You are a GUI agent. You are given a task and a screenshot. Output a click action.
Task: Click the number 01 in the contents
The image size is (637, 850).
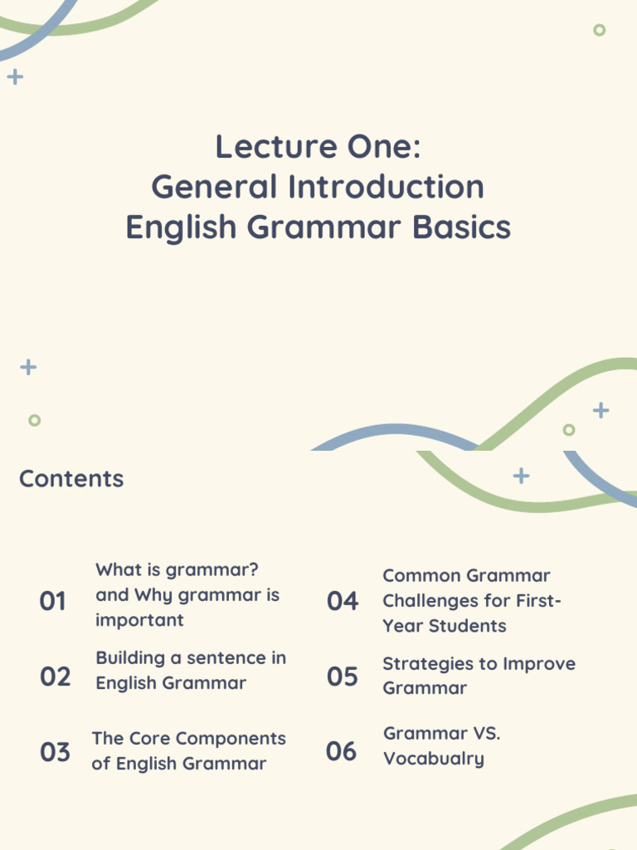52,601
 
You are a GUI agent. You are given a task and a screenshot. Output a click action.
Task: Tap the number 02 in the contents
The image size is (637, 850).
55,677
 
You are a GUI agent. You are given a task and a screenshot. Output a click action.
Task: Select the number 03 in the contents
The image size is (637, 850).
55,752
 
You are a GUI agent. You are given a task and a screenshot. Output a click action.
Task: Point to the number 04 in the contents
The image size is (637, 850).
342,601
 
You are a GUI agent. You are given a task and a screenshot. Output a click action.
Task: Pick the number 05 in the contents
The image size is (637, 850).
342,677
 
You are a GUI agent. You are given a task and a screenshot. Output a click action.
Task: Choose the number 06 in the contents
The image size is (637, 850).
341,751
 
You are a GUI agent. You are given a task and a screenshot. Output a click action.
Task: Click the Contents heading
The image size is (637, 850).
71,479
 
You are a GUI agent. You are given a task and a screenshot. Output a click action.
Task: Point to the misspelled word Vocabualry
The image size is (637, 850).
433,759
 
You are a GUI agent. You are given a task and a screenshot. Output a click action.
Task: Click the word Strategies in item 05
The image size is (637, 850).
425,664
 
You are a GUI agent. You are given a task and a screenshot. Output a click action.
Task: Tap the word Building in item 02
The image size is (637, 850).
130,658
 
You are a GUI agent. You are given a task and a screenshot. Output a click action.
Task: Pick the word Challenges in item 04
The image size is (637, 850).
433,601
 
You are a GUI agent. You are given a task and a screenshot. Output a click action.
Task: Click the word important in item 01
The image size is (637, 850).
139,620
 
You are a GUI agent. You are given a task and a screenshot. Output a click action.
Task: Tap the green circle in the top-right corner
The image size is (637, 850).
599,30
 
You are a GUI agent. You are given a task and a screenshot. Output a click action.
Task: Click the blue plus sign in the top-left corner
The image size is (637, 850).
15,77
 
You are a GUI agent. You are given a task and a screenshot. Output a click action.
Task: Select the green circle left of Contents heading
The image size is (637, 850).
34,420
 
